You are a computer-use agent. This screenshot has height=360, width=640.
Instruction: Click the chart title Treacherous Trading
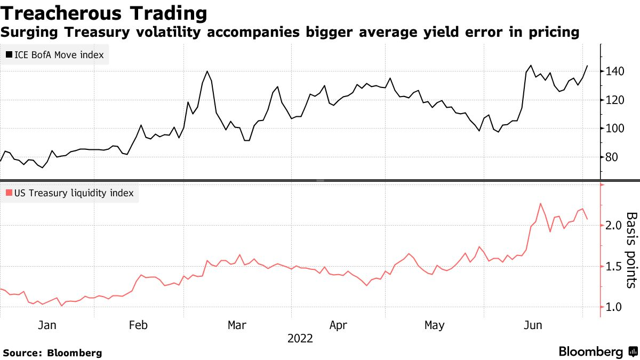(103, 13)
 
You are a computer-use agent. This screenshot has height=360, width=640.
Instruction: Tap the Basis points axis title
(631, 250)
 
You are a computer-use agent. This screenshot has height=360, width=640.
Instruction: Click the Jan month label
(47, 325)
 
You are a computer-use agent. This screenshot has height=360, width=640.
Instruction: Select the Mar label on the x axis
(237, 325)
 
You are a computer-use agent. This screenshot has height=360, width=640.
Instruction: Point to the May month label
(434, 325)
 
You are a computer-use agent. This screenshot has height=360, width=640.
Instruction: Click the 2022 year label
(300, 339)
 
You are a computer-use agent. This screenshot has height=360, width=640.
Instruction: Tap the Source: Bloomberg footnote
(52, 353)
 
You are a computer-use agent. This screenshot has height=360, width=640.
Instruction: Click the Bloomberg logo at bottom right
(597, 352)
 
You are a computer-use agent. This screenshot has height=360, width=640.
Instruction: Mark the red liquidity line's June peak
(540, 203)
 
